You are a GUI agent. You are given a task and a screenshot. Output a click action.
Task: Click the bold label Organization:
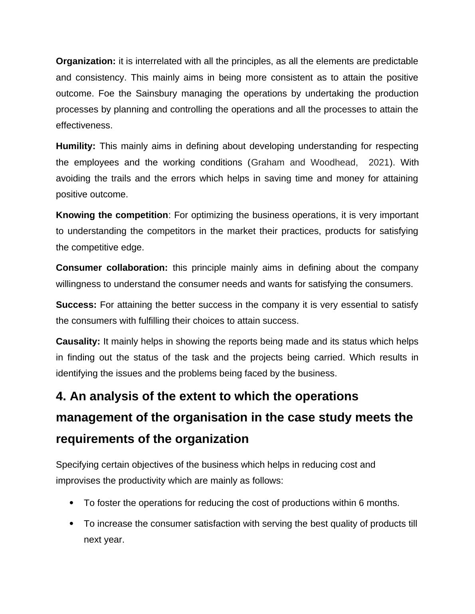(85, 61)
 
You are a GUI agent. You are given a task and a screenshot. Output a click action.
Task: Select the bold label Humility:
(75, 146)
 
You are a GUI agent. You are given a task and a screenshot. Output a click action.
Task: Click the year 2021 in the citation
(378, 163)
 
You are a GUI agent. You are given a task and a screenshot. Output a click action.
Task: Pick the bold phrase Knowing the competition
(112, 215)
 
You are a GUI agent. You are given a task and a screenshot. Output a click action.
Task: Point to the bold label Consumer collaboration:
(112, 268)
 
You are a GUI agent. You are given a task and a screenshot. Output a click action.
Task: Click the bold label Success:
(76, 305)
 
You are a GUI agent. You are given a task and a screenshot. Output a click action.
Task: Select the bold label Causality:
(78, 342)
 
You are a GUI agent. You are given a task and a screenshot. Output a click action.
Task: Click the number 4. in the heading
(61, 397)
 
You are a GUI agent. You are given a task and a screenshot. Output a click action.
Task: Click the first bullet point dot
(72, 503)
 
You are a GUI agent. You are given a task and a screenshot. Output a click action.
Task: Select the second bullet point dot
(72, 523)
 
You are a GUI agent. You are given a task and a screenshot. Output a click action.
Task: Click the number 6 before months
(361, 503)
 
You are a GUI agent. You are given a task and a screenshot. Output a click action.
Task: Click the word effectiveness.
(84, 126)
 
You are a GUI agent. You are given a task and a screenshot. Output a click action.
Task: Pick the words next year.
(104, 540)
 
